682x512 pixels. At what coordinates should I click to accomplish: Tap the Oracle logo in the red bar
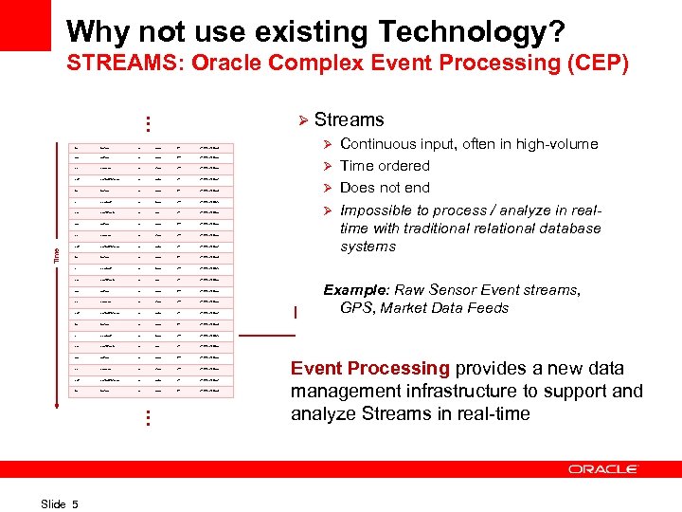(x=603, y=469)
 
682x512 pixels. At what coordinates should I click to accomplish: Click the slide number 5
(x=75, y=503)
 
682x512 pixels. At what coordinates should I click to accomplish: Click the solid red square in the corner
(x=25, y=25)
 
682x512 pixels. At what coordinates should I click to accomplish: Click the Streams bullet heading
(x=349, y=119)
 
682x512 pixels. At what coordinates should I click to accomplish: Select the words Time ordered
(x=385, y=165)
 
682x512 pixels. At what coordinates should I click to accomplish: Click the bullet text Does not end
(x=385, y=187)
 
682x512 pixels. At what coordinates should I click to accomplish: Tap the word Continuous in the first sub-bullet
(x=378, y=144)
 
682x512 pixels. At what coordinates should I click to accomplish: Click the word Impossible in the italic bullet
(x=378, y=210)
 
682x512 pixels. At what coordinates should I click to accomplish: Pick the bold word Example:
(x=356, y=290)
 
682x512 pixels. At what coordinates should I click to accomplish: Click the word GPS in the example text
(x=355, y=307)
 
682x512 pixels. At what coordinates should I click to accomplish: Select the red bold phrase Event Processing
(x=370, y=369)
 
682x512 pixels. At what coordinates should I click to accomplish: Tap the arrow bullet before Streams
(x=302, y=120)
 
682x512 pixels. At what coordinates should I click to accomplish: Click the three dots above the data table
(x=148, y=124)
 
